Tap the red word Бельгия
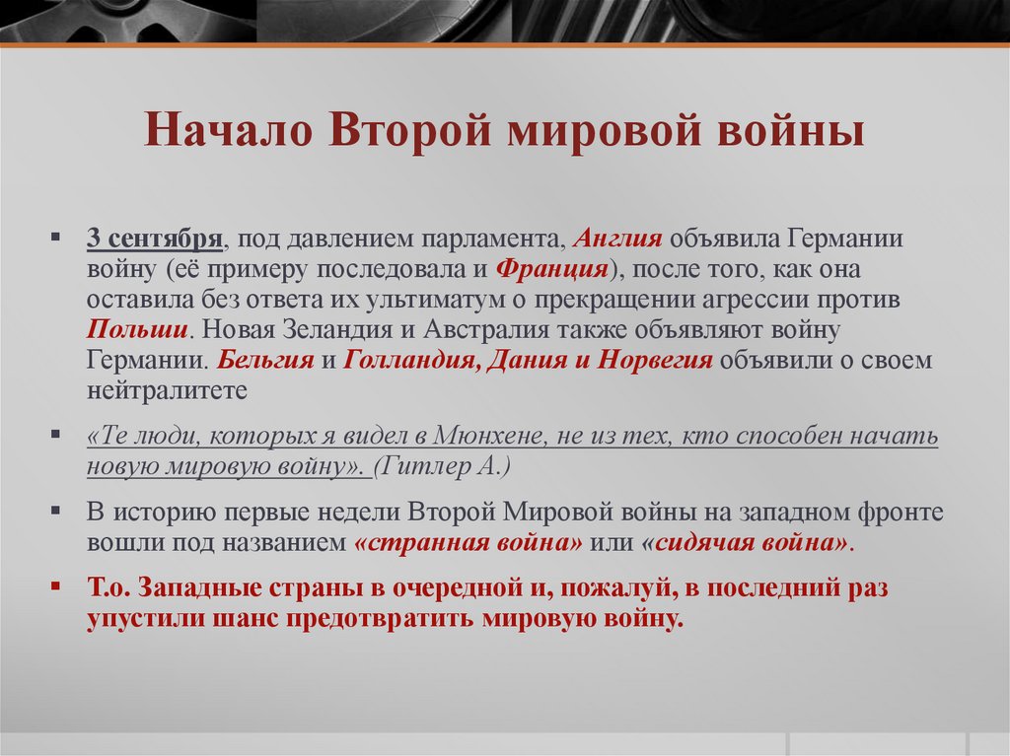click(x=266, y=360)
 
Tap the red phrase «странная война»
click(x=468, y=542)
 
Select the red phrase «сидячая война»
click(x=745, y=542)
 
